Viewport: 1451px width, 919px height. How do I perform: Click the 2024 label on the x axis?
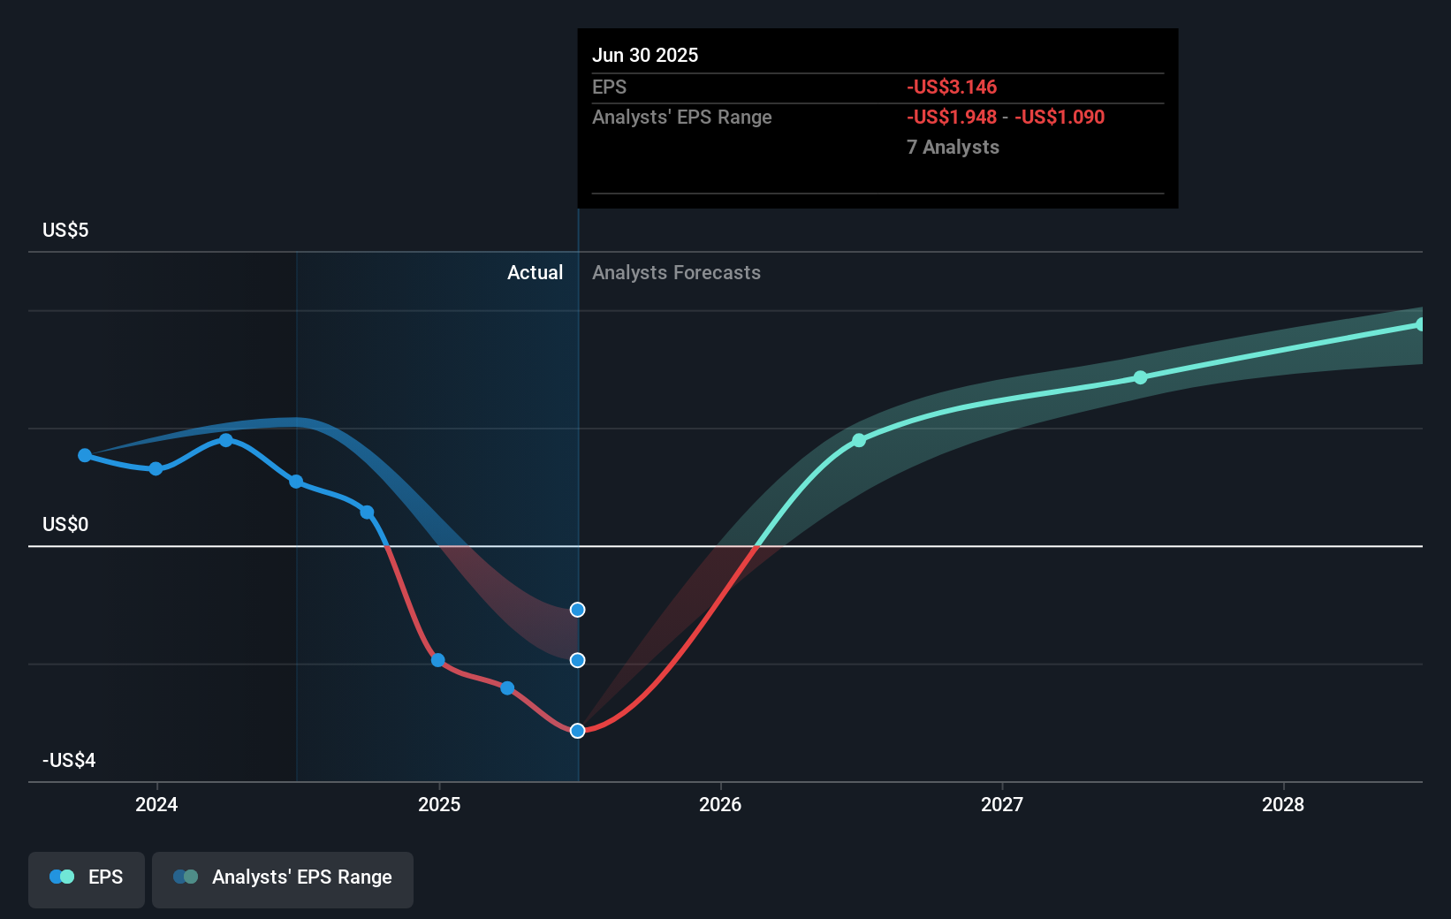pyautogui.click(x=156, y=804)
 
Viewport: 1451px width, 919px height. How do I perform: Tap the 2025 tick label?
pyautogui.click(x=439, y=804)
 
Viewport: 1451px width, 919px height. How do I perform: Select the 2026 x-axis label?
pyautogui.click(x=720, y=804)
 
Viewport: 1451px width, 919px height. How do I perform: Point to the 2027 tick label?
pyautogui.click(x=1002, y=804)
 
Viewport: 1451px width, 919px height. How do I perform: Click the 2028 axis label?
pyautogui.click(x=1283, y=804)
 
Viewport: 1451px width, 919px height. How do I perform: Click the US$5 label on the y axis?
pyautogui.click(x=65, y=231)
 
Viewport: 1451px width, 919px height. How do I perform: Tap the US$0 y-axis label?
pyautogui.click(x=65, y=525)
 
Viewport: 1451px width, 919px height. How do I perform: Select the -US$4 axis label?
pyautogui.click(x=69, y=761)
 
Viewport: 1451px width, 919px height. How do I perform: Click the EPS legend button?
pyautogui.click(x=87, y=877)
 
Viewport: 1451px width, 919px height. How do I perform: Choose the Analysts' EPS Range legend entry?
pyautogui.click(x=283, y=877)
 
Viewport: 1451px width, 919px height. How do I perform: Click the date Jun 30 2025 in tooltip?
pyautogui.click(x=645, y=56)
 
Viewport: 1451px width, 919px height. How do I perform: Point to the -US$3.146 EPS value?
pyautogui.click(x=952, y=87)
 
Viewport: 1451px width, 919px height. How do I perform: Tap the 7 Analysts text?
pyautogui.click(x=953, y=148)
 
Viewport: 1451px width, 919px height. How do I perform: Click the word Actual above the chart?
pyautogui.click(x=535, y=273)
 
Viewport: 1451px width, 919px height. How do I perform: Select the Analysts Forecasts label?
pyautogui.click(x=676, y=273)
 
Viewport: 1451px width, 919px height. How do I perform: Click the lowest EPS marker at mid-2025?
pyautogui.click(x=577, y=731)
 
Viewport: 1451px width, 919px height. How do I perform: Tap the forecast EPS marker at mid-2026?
pyautogui.click(x=859, y=440)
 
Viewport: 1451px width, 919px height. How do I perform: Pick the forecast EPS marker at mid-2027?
pyautogui.click(x=1140, y=377)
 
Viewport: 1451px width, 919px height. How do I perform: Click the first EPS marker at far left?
pyautogui.click(x=85, y=455)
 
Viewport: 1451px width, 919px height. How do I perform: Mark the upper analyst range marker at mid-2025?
pyautogui.click(x=577, y=610)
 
